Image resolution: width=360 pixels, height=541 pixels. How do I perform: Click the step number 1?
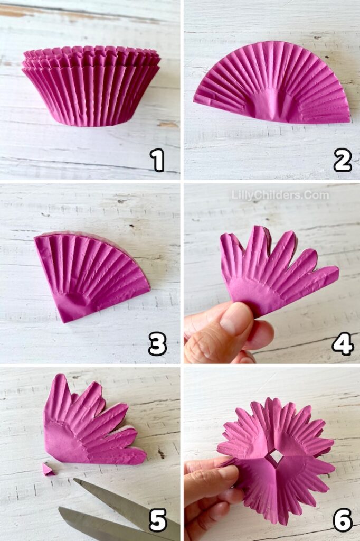157,160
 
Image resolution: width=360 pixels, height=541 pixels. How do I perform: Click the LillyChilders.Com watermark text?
280,195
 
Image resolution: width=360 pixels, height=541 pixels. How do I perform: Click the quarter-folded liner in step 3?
90,272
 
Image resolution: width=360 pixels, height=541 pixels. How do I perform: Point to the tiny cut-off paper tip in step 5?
48,469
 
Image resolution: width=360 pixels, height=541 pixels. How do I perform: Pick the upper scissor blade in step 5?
127,505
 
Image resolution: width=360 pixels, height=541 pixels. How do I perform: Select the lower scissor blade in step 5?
95,526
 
